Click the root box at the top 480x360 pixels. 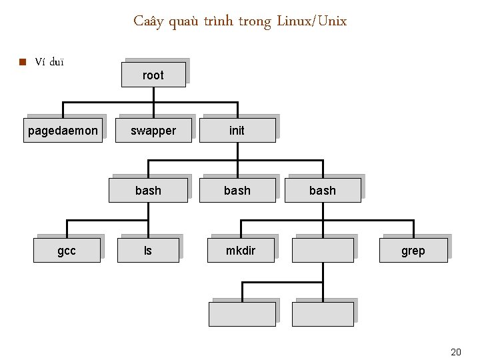coord(153,75)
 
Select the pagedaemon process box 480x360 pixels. coord(63,131)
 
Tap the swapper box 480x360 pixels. coord(153,131)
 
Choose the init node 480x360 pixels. coord(237,131)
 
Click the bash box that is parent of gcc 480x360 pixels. coord(148,191)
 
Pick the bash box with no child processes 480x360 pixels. coord(237,191)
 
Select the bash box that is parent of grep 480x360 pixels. coord(323,191)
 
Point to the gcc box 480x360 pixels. coord(67,251)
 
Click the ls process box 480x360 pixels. coord(148,251)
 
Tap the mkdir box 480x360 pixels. coord(240,251)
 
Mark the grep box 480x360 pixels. coord(413,251)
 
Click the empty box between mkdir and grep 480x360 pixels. coord(323,251)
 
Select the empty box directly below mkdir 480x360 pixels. coord(242,314)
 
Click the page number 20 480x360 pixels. coord(456,352)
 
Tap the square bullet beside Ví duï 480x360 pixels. coord(22,63)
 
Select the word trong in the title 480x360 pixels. coord(254,21)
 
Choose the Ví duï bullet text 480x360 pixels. coord(49,63)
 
